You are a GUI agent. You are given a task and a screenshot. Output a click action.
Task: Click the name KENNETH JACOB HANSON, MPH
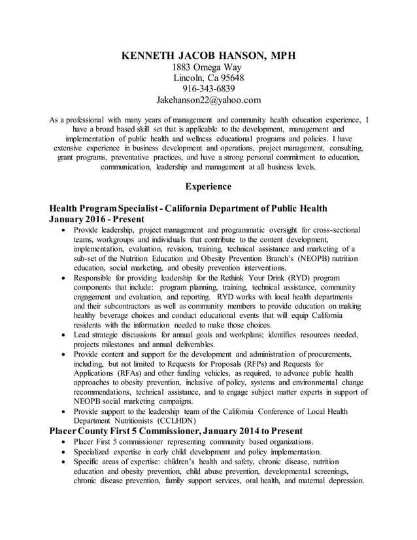[208, 56]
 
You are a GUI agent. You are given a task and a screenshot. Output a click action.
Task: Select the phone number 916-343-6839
[208, 89]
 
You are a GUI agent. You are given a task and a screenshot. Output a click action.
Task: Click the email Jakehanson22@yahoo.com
[208, 100]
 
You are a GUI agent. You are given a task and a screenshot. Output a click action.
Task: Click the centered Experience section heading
[208, 186]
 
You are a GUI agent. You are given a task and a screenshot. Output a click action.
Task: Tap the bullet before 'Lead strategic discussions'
[62, 335]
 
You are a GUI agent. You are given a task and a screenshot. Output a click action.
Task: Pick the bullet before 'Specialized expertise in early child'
[62, 452]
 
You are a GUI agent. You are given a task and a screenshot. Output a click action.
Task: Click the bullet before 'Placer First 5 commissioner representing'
[62, 442]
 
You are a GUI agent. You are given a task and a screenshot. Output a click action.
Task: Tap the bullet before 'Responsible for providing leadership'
[62, 278]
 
